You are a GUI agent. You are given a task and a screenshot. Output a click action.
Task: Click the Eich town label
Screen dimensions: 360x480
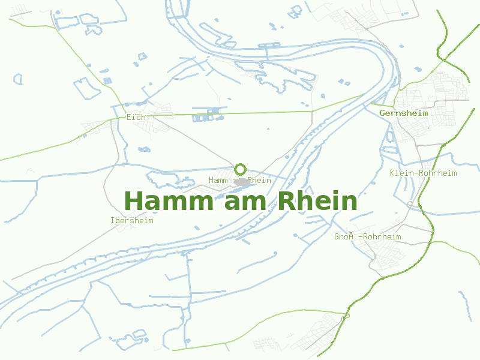click(136, 117)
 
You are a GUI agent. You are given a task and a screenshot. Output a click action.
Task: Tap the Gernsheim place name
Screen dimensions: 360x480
click(404, 113)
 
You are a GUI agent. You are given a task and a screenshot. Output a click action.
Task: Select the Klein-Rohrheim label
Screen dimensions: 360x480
click(423, 173)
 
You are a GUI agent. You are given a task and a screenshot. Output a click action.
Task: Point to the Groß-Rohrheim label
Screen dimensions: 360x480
click(367, 237)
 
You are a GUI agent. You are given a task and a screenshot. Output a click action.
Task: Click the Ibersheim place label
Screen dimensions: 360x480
click(132, 221)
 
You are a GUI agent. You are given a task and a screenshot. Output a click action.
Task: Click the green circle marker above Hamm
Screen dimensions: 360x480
click(241, 169)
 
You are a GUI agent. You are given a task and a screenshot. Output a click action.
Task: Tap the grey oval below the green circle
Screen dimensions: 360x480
click(242, 182)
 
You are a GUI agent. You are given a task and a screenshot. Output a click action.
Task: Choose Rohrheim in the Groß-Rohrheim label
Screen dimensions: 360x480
click(382, 237)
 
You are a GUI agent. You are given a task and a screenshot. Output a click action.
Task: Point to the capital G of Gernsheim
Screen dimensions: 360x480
click(383, 113)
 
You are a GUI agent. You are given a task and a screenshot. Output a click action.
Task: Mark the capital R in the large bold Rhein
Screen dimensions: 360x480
click(286, 201)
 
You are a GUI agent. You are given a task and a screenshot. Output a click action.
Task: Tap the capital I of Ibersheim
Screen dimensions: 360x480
click(113, 221)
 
